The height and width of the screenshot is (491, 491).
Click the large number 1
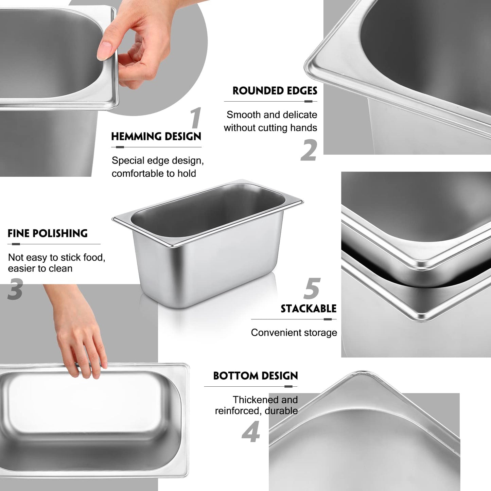tap(195, 118)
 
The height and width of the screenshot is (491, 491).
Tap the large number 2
tap(309, 150)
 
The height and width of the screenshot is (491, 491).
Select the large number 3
tap(15, 289)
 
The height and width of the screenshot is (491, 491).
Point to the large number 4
tap(251, 432)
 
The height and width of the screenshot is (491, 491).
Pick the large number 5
tap(312, 288)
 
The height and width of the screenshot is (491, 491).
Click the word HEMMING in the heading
tap(133, 137)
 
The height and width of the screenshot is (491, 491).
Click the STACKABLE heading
tap(308, 309)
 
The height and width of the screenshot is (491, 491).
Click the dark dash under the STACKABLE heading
tap(328, 319)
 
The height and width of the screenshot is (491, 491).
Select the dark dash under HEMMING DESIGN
tap(120, 147)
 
